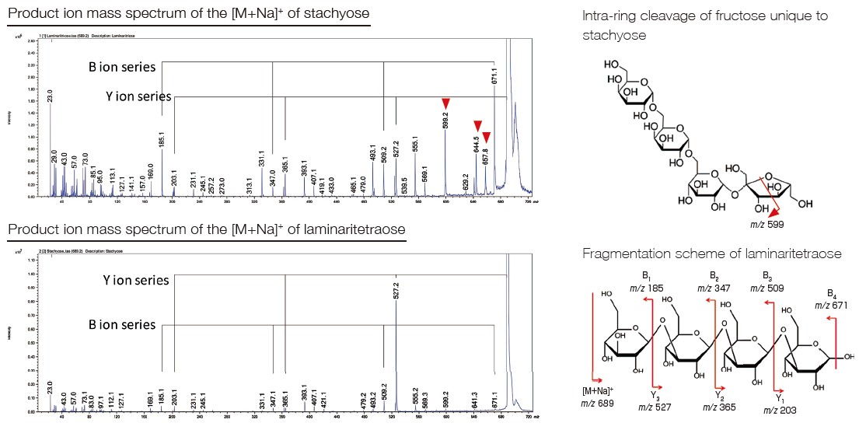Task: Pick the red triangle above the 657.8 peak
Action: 487,138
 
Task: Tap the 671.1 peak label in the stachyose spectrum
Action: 494,76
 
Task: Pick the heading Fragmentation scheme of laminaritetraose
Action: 712,254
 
